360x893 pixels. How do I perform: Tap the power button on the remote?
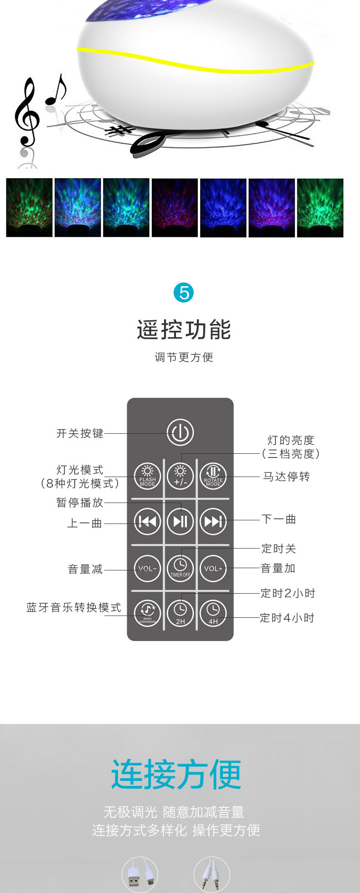click(x=180, y=432)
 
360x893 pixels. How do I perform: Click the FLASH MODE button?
click(x=147, y=476)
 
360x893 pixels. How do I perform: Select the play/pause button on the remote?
click(x=180, y=521)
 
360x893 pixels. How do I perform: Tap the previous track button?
click(x=147, y=521)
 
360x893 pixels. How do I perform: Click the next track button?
click(x=213, y=521)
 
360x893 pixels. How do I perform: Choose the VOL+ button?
click(x=213, y=569)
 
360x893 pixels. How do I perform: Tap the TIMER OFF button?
click(x=180, y=569)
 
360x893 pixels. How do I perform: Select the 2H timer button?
click(x=180, y=613)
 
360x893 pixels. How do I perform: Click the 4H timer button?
click(x=213, y=613)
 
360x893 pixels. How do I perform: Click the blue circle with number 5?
click(x=184, y=293)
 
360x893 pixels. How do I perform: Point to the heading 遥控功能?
click(x=184, y=330)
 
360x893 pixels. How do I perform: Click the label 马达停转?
click(x=287, y=477)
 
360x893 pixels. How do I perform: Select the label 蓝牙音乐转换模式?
click(x=74, y=607)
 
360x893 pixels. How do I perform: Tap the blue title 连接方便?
click(x=176, y=774)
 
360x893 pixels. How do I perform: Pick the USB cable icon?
click(x=140, y=874)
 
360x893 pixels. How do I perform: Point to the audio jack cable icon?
click(x=211, y=874)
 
